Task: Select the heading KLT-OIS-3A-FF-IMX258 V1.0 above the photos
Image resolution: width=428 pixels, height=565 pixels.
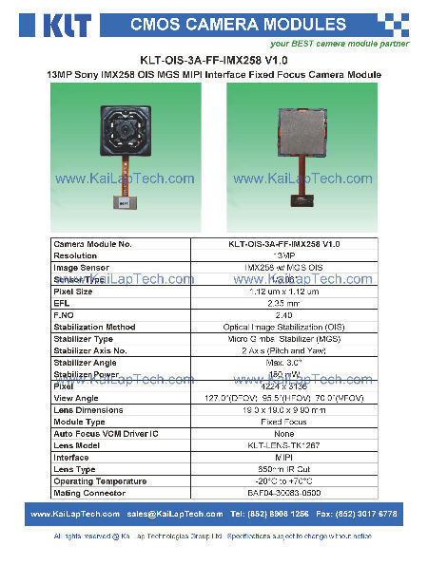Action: [213, 57]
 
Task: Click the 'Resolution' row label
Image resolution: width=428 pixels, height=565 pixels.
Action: [76, 255]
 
